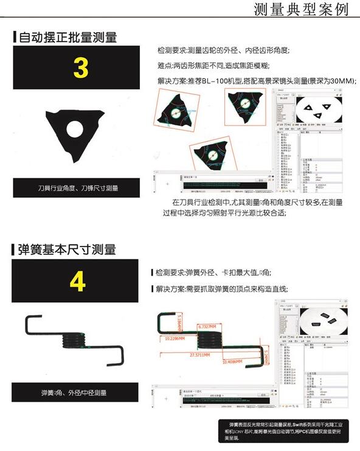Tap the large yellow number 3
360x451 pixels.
pos(80,68)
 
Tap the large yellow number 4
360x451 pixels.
pos(77,281)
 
